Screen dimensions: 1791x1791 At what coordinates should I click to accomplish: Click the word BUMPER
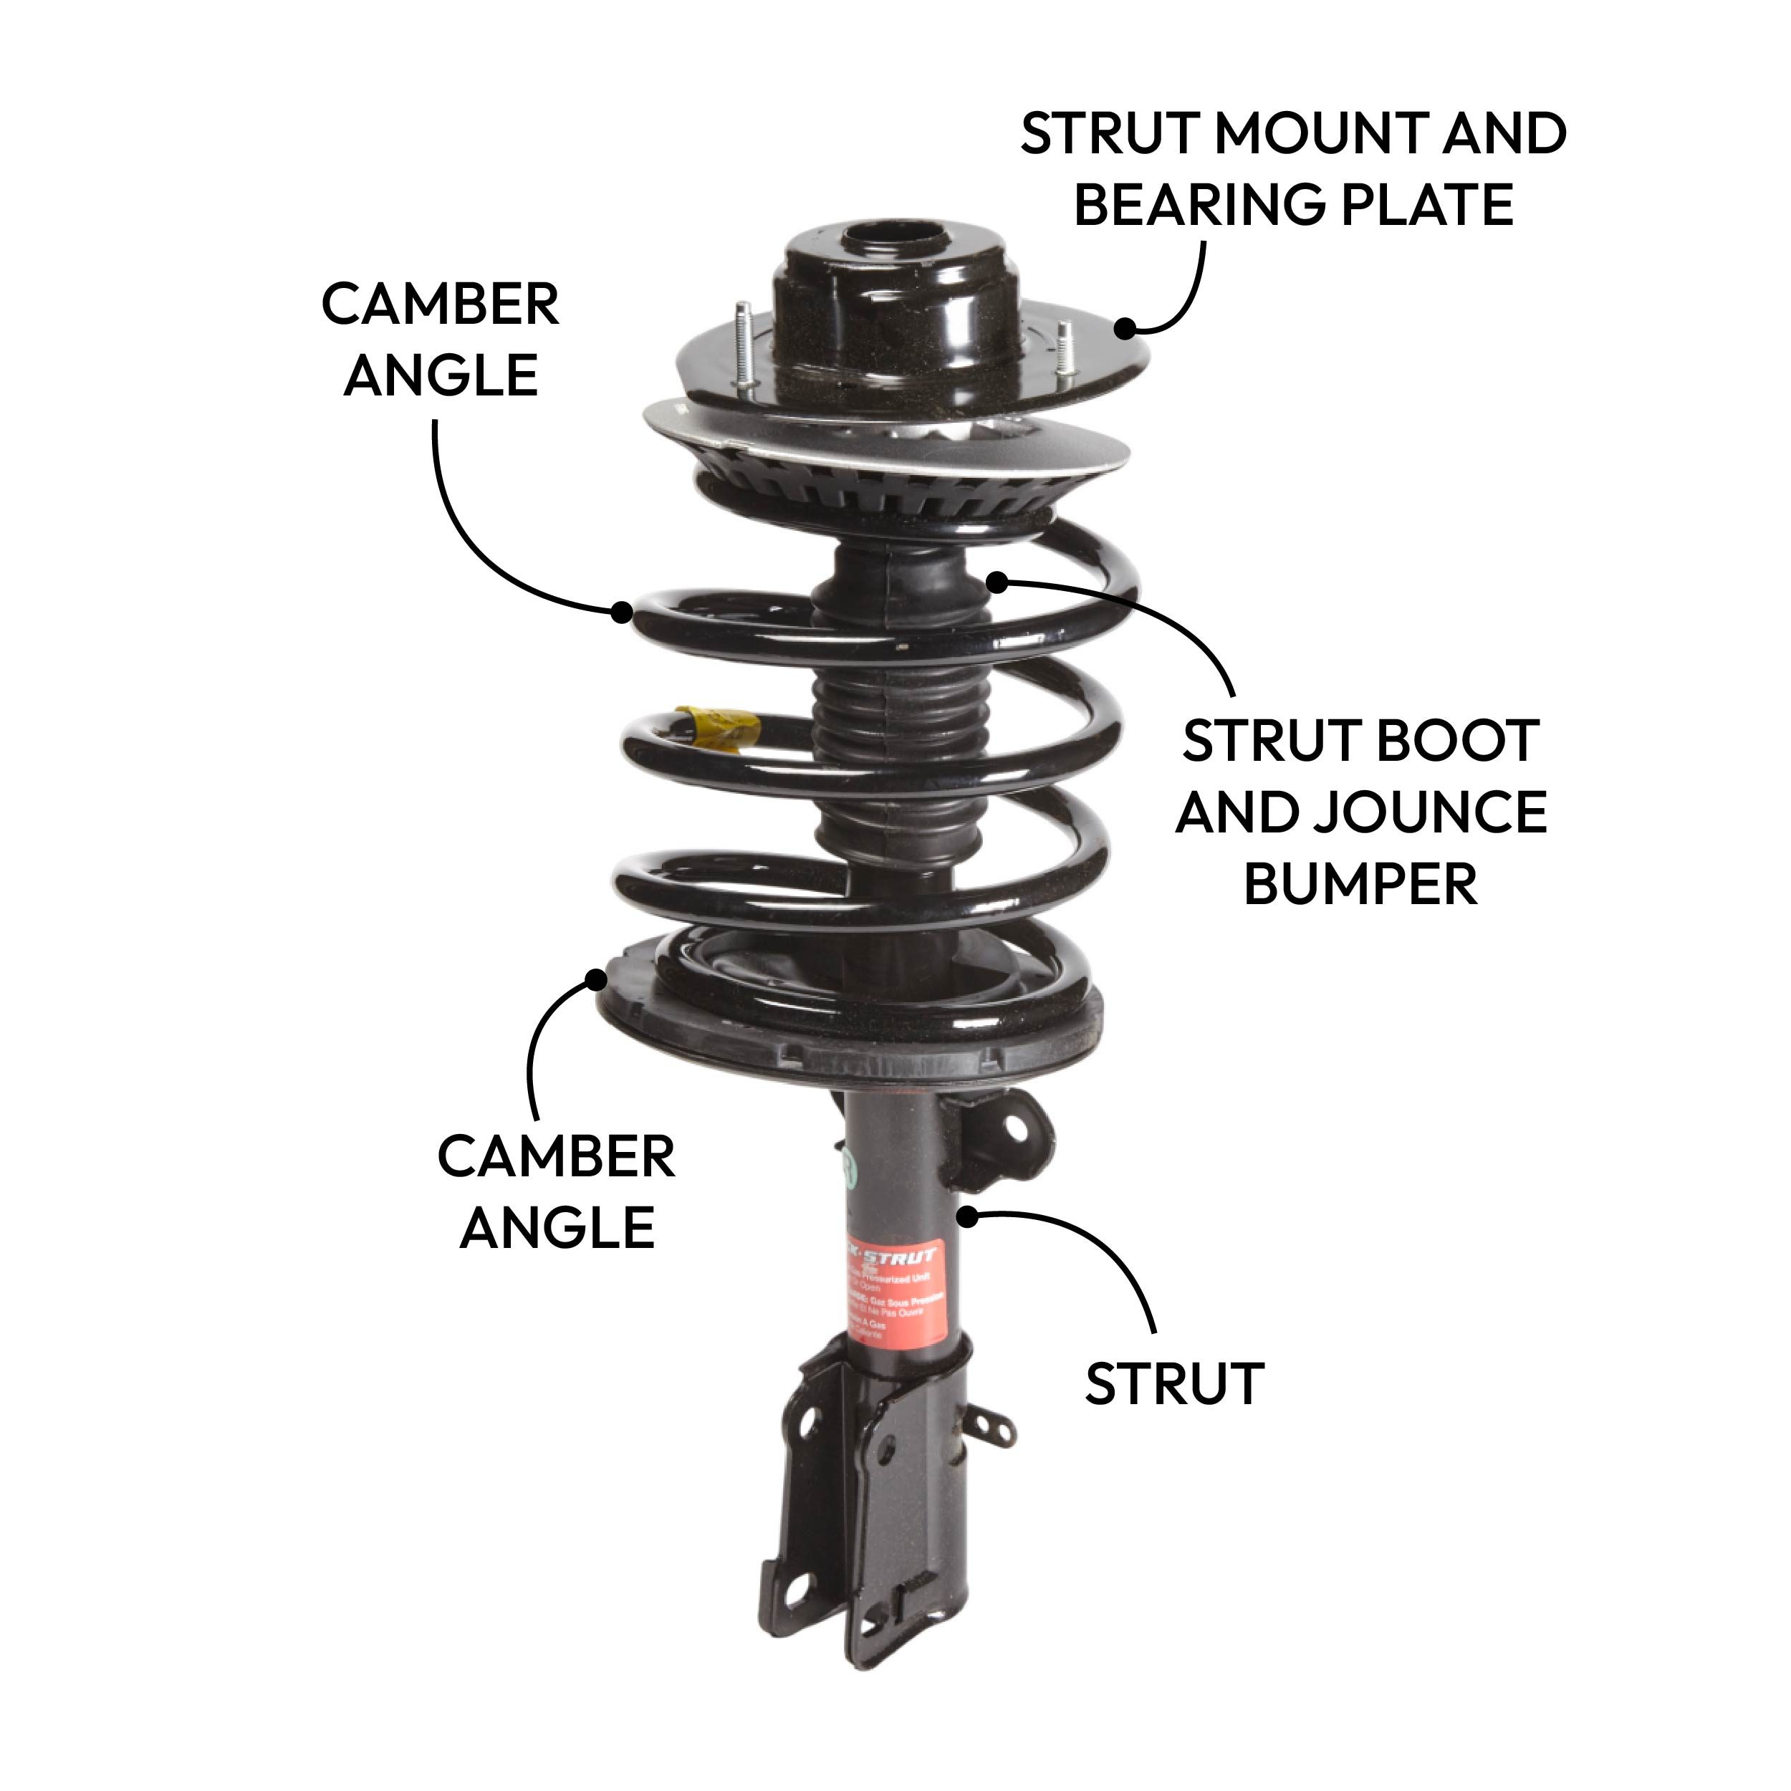1360,883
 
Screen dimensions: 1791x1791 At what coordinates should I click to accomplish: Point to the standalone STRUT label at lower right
1173,1384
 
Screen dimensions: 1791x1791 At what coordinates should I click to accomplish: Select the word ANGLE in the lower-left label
557,1229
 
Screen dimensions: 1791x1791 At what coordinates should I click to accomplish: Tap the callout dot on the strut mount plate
1125,328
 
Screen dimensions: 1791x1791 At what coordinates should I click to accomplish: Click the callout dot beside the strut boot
997,582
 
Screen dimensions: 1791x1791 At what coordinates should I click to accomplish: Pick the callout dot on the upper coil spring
622,611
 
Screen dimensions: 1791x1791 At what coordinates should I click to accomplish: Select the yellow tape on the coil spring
713,725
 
